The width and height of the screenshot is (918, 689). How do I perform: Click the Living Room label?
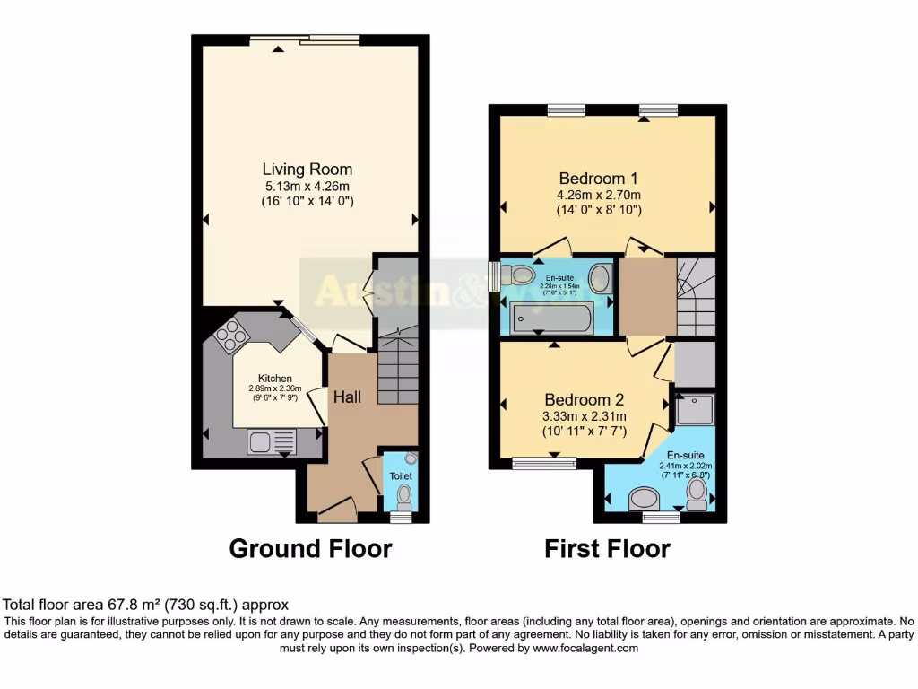coord(307,169)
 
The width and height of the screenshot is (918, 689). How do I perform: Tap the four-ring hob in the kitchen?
coord(230,336)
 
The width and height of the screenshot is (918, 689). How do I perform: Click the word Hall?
coord(348,396)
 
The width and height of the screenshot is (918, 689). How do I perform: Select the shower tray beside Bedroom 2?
coord(695,409)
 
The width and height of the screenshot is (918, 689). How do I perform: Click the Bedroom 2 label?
coord(585,399)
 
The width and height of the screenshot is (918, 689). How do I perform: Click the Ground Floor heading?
coord(310,548)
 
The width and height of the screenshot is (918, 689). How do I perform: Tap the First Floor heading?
coord(607,548)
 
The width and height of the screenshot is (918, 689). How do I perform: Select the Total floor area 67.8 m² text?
coord(146,605)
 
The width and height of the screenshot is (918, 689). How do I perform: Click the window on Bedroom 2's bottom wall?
coord(543,464)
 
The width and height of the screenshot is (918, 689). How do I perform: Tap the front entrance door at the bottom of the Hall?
coord(336,514)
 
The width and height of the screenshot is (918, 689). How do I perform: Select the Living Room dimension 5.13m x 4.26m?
coord(307,186)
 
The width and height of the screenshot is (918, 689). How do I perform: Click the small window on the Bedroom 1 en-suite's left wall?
coord(493,275)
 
